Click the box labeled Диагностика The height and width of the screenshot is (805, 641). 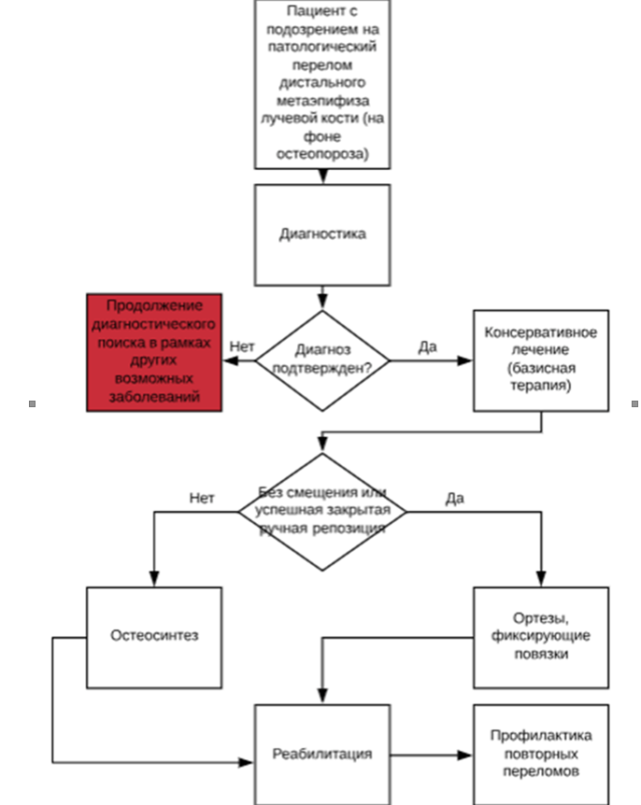(322, 234)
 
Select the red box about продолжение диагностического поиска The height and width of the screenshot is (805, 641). (154, 352)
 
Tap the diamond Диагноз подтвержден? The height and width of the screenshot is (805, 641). (322, 360)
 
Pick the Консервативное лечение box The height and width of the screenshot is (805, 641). (541, 360)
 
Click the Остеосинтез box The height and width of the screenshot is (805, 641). (154, 636)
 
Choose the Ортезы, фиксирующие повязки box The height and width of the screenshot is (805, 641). (541, 636)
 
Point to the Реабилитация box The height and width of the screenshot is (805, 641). (322, 754)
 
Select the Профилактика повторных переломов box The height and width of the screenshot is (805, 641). (541, 754)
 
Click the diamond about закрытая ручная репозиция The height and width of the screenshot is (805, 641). (322, 511)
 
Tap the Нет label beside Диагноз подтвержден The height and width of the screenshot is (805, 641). (242, 346)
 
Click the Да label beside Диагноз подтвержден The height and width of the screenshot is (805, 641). (427, 346)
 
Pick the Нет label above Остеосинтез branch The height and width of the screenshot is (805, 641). (202, 498)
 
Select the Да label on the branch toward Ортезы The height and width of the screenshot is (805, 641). (455, 498)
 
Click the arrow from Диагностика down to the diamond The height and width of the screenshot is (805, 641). (322, 297)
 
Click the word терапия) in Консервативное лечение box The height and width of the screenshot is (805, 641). (541, 384)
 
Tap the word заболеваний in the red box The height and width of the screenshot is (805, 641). (154, 397)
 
